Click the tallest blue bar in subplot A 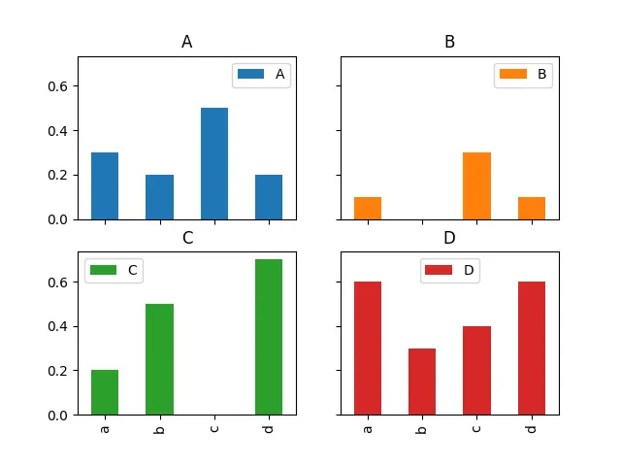213,163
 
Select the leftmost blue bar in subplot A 105,185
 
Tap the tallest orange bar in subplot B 476,185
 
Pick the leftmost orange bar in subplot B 368,208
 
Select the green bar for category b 159,359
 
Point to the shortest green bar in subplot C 105,392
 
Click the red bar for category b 422,382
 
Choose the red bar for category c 476,370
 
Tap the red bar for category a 368,348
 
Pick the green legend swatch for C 104,271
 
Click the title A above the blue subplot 187,42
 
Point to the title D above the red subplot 449,238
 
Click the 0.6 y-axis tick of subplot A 60,86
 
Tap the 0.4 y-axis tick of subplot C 60,326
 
